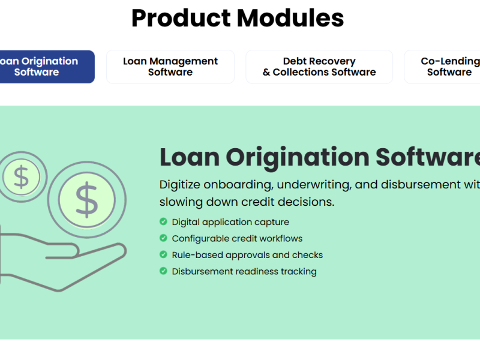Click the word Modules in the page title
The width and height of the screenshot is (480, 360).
click(x=291, y=18)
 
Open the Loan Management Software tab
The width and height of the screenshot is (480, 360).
click(x=170, y=67)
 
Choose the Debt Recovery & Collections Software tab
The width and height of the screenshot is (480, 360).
click(x=319, y=67)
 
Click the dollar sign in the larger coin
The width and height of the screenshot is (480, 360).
click(x=87, y=200)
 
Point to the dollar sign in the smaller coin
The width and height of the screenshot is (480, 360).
click(x=22, y=178)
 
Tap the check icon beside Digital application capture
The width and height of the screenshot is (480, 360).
click(x=163, y=222)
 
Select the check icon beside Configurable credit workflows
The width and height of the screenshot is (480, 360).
click(x=163, y=238)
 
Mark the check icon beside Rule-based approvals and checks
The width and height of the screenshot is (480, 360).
click(x=163, y=254)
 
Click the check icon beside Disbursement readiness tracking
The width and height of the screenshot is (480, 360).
click(x=163, y=271)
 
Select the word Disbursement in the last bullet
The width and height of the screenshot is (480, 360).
click(x=202, y=271)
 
